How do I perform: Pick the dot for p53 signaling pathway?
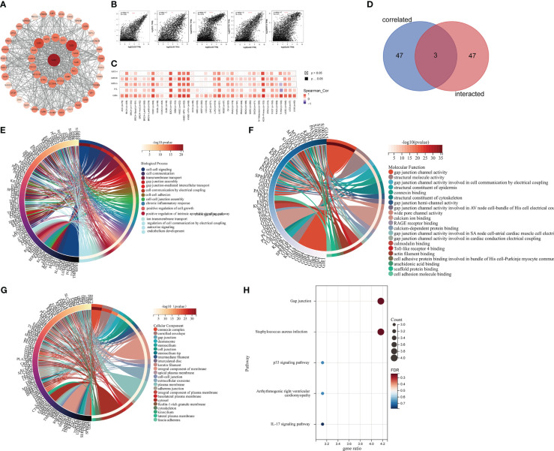point(322,362)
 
